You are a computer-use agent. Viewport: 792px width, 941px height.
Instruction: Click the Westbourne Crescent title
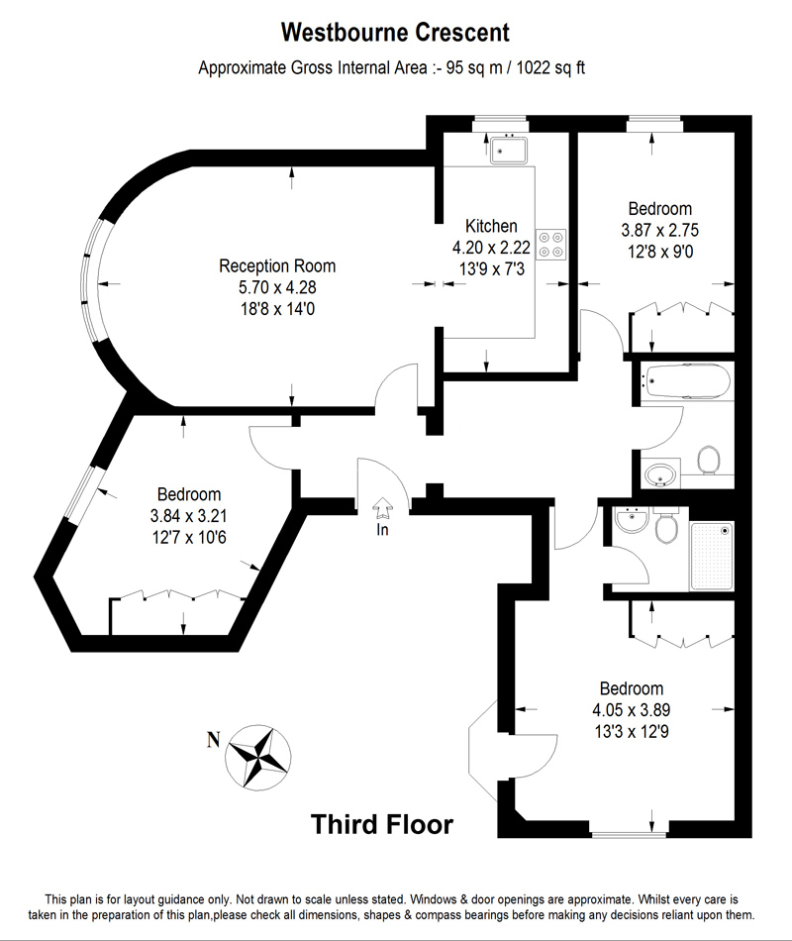pos(395,33)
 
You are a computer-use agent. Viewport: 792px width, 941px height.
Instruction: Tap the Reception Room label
pos(277,265)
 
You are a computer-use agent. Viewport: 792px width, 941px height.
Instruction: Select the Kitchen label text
pos(491,226)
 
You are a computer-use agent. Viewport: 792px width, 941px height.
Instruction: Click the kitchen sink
pos(508,150)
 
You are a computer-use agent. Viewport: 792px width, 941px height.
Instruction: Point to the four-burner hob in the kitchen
pos(550,245)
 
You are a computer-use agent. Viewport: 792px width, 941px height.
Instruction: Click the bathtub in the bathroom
pos(686,381)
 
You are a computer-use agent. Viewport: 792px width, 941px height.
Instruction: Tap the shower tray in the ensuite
pos(712,557)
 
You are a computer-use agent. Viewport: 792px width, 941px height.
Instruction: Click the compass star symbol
pos(258,757)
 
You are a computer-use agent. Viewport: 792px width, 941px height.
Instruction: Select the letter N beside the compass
pos(213,741)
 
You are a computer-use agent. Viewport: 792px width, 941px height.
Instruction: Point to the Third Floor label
pos(382,824)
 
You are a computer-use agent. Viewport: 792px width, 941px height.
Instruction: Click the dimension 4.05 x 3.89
pos(632,710)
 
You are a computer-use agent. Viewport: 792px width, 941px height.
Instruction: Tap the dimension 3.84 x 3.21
pos(188,516)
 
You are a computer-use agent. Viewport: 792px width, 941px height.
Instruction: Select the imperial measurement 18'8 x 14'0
pos(277,309)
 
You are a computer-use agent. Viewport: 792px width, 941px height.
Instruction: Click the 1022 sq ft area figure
pos(550,67)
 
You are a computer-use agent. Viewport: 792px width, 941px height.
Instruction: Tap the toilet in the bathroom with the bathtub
pos(709,460)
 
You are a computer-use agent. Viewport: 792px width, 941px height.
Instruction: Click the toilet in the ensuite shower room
pos(666,526)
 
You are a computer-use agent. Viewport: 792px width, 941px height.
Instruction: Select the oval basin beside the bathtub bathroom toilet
pos(661,474)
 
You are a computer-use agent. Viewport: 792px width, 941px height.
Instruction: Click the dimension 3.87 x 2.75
pos(660,231)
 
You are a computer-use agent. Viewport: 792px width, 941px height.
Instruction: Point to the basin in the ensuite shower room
pos(632,520)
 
